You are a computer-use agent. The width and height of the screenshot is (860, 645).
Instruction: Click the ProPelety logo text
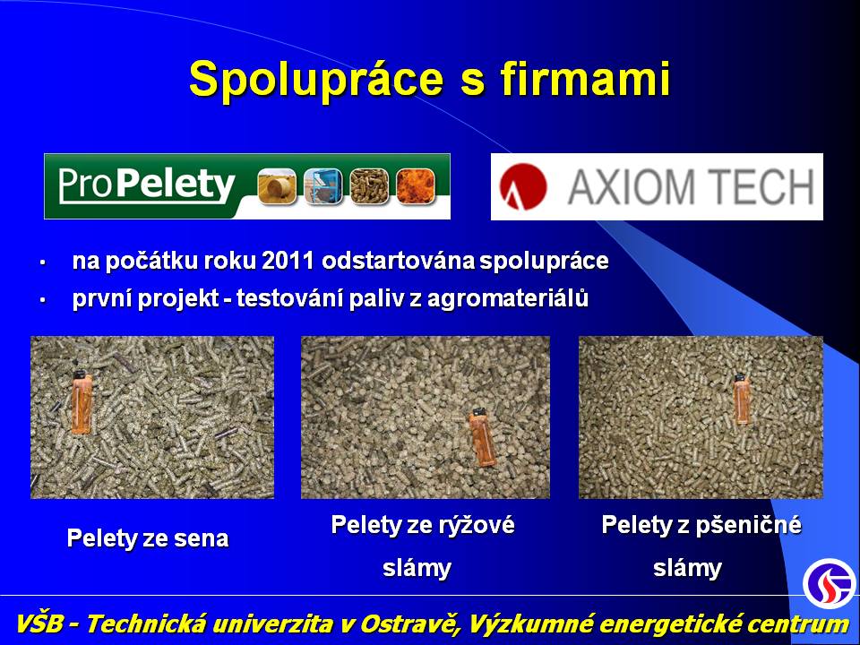146,185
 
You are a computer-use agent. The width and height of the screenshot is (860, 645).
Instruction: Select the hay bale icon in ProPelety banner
277,186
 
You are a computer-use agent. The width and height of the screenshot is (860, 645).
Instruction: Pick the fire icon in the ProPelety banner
416,186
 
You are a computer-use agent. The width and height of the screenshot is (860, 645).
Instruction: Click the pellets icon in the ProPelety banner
370,186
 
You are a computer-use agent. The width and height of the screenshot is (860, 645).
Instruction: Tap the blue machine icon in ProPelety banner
323,186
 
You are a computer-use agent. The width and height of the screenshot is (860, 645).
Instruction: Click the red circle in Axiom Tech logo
523,186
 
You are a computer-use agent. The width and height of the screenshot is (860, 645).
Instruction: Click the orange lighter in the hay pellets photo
82,402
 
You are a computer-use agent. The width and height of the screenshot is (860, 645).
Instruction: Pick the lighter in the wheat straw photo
741,399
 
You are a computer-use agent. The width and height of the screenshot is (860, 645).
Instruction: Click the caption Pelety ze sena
148,538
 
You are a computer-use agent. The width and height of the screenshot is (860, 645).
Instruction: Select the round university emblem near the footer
829,583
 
